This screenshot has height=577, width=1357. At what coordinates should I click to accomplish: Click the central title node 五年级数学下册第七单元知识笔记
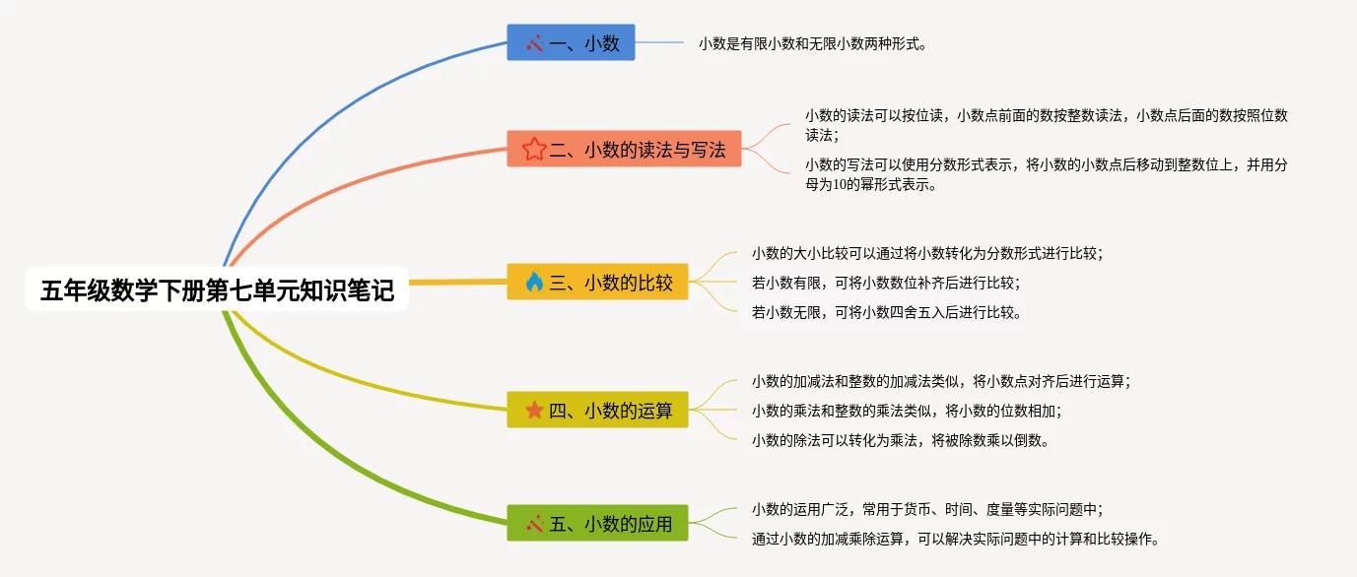click(x=217, y=289)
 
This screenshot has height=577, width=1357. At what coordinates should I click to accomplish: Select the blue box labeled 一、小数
click(x=571, y=42)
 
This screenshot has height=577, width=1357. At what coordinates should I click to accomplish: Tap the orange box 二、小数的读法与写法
click(x=624, y=149)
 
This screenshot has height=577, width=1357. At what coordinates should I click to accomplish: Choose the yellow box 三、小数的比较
click(x=597, y=282)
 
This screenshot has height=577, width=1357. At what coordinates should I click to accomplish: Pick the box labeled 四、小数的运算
click(x=597, y=410)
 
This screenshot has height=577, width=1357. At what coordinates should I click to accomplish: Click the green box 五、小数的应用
click(x=597, y=523)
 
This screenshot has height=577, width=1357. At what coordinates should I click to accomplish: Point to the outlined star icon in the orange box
click(x=534, y=149)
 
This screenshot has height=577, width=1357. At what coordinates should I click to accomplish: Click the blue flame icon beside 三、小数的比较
click(x=534, y=282)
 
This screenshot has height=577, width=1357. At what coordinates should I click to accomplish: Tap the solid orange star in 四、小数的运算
click(x=534, y=410)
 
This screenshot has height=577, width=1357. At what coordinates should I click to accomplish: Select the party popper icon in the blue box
click(x=534, y=43)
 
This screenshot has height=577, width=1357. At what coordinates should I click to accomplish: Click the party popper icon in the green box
click(x=534, y=524)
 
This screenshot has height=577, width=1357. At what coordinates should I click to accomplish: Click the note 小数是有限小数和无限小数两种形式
click(x=812, y=43)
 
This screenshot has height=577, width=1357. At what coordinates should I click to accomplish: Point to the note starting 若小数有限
click(x=886, y=283)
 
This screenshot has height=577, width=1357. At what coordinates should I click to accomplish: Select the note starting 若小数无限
click(x=887, y=312)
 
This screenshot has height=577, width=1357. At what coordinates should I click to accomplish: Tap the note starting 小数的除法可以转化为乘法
click(x=901, y=440)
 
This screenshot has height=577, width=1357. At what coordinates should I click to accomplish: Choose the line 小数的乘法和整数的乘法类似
click(x=907, y=412)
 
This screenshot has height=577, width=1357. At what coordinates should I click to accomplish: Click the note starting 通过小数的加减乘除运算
click(x=955, y=539)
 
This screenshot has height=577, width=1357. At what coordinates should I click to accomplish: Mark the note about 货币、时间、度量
click(x=927, y=510)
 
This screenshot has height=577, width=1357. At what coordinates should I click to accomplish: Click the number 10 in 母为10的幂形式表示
click(x=840, y=185)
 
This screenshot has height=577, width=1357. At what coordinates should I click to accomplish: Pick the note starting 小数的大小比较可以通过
click(x=927, y=254)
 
